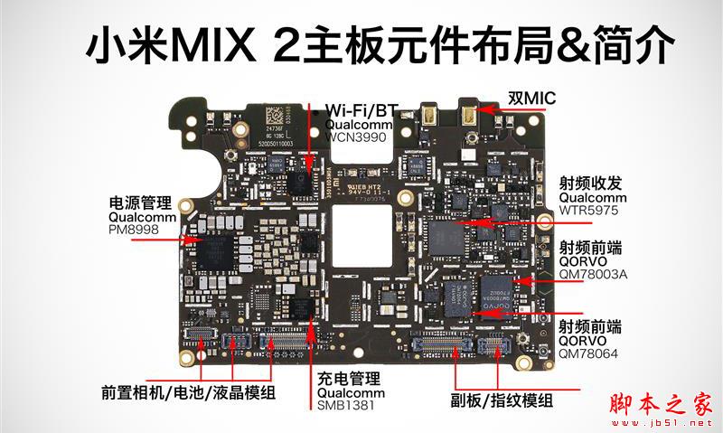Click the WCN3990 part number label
point(355,136)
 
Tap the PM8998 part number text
point(136,231)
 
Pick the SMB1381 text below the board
point(345,407)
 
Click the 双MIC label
point(531,98)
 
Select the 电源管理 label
point(140,202)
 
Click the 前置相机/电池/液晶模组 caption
point(188,393)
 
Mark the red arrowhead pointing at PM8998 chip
point(188,240)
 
